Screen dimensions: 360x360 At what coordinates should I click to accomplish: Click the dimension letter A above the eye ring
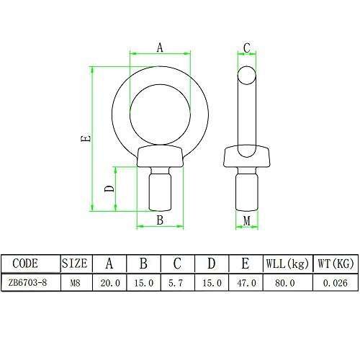click(160, 48)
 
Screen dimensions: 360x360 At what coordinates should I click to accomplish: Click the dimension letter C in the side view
click(247, 48)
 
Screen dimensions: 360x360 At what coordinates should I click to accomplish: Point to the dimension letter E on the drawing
click(86, 138)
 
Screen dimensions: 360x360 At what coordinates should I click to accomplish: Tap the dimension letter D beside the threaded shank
click(109, 189)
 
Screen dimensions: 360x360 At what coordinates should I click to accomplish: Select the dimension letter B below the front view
click(160, 220)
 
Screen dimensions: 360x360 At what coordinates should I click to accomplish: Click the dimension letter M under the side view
click(247, 221)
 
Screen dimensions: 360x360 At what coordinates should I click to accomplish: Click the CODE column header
click(25, 264)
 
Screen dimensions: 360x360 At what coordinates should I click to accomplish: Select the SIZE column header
click(75, 264)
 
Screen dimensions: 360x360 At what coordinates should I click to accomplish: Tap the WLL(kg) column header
click(287, 264)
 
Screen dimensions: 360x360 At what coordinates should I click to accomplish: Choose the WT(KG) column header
click(336, 264)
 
